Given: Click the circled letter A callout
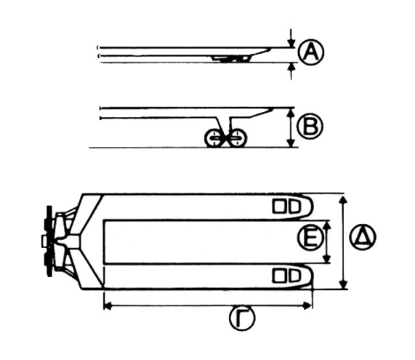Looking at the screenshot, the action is (x=311, y=52).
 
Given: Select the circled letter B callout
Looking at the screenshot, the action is (x=310, y=127).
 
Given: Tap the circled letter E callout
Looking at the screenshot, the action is (x=310, y=236).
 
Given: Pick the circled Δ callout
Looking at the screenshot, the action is (x=363, y=236).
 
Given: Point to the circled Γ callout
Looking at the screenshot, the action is (x=241, y=318).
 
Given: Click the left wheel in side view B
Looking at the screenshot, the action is (x=214, y=137).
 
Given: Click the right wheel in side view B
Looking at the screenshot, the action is (x=238, y=137).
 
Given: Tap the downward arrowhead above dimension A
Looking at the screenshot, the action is (x=291, y=43).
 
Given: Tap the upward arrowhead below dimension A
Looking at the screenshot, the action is (x=291, y=68).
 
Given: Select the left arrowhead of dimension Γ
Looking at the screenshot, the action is (x=108, y=306).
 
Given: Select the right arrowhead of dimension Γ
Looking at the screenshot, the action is (x=307, y=306).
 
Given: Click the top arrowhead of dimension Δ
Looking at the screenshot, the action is (x=343, y=200).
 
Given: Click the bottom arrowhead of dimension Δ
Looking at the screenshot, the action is (x=343, y=284).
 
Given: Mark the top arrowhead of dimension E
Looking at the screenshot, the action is (x=327, y=225).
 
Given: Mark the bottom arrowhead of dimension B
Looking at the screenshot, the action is (x=291, y=143).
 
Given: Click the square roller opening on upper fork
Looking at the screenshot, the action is (x=279, y=207).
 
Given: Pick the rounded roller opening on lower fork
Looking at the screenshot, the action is (x=294, y=276).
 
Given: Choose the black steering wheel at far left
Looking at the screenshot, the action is (x=49, y=241).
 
